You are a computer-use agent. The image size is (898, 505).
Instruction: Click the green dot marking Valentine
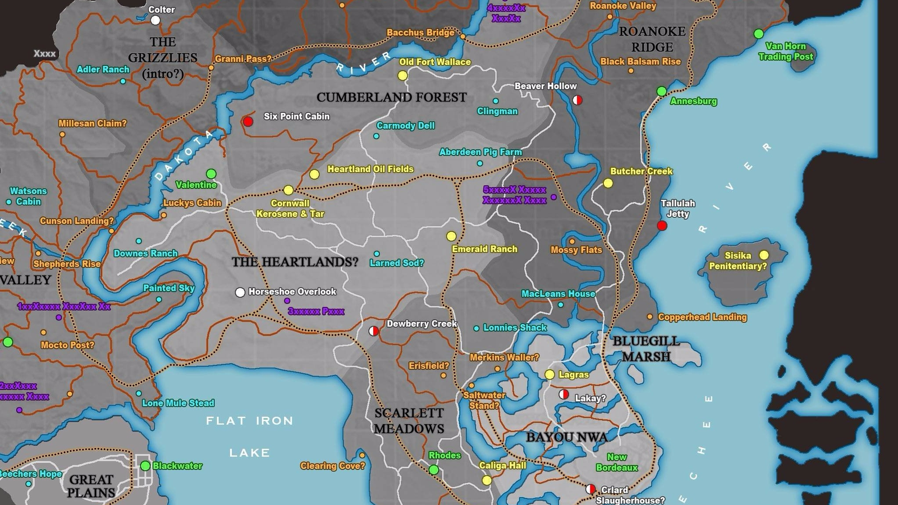click(211, 174)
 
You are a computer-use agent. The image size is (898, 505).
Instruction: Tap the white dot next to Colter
click(155, 20)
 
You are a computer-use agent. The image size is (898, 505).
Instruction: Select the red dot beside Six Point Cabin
click(248, 121)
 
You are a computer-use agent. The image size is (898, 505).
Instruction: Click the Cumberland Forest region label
click(391, 97)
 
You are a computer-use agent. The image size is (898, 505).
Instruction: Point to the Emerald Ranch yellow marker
click(451, 236)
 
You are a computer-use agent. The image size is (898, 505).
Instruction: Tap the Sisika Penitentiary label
click(737, 260)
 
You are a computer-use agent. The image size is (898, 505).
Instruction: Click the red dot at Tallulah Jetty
click(662, 226)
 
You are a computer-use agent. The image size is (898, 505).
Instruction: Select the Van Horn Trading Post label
click(786, 51)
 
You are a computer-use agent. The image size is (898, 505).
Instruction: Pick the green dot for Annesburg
click(662, 91)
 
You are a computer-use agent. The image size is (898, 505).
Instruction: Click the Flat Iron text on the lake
click(249, 421)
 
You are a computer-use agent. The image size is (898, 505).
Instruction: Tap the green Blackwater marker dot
click(145, 466)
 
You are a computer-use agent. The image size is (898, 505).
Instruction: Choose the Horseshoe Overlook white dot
click(240, 292)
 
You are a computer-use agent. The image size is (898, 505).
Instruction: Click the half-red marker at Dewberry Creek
click(373, 331)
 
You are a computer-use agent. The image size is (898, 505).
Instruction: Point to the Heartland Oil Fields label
click(370, 169)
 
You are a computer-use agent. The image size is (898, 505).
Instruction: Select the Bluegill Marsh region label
click(646, 348)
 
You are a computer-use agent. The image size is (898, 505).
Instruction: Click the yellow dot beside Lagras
click(549, 374)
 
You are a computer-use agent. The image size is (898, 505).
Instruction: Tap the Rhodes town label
click(445, 456)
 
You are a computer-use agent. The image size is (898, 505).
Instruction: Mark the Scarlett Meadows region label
click(409, 421)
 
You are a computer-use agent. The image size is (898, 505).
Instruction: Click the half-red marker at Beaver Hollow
click(577, 100)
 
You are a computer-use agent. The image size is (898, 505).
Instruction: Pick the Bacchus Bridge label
click(420, 33)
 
